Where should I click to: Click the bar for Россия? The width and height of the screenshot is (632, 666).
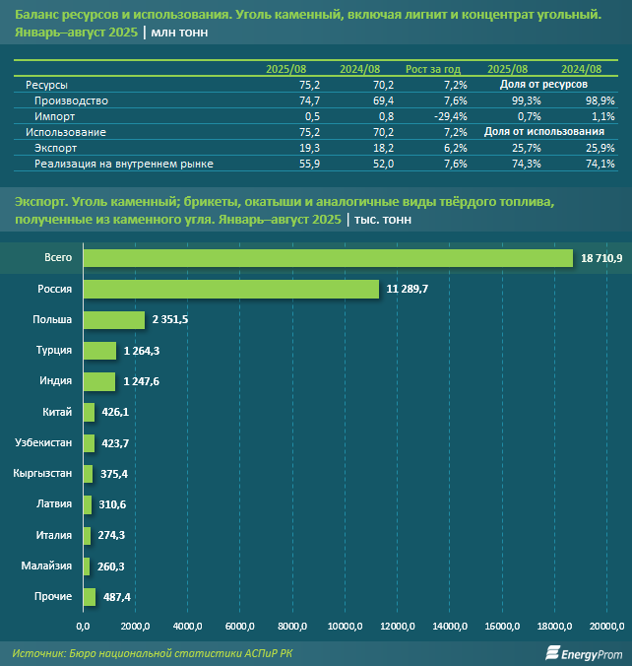point(231,289)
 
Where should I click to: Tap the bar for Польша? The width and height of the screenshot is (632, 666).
point(114,320)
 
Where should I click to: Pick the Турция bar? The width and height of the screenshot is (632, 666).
point(99,351)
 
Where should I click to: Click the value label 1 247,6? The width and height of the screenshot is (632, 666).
point(144,381)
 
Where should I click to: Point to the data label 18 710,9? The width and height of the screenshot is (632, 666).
point(600,258)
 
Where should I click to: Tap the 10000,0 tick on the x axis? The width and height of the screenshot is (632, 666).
point(347,626)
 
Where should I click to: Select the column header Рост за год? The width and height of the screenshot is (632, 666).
point(433,69)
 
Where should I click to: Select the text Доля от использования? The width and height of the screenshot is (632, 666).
point(543,132)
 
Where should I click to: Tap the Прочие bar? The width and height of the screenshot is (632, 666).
point(90,597)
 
